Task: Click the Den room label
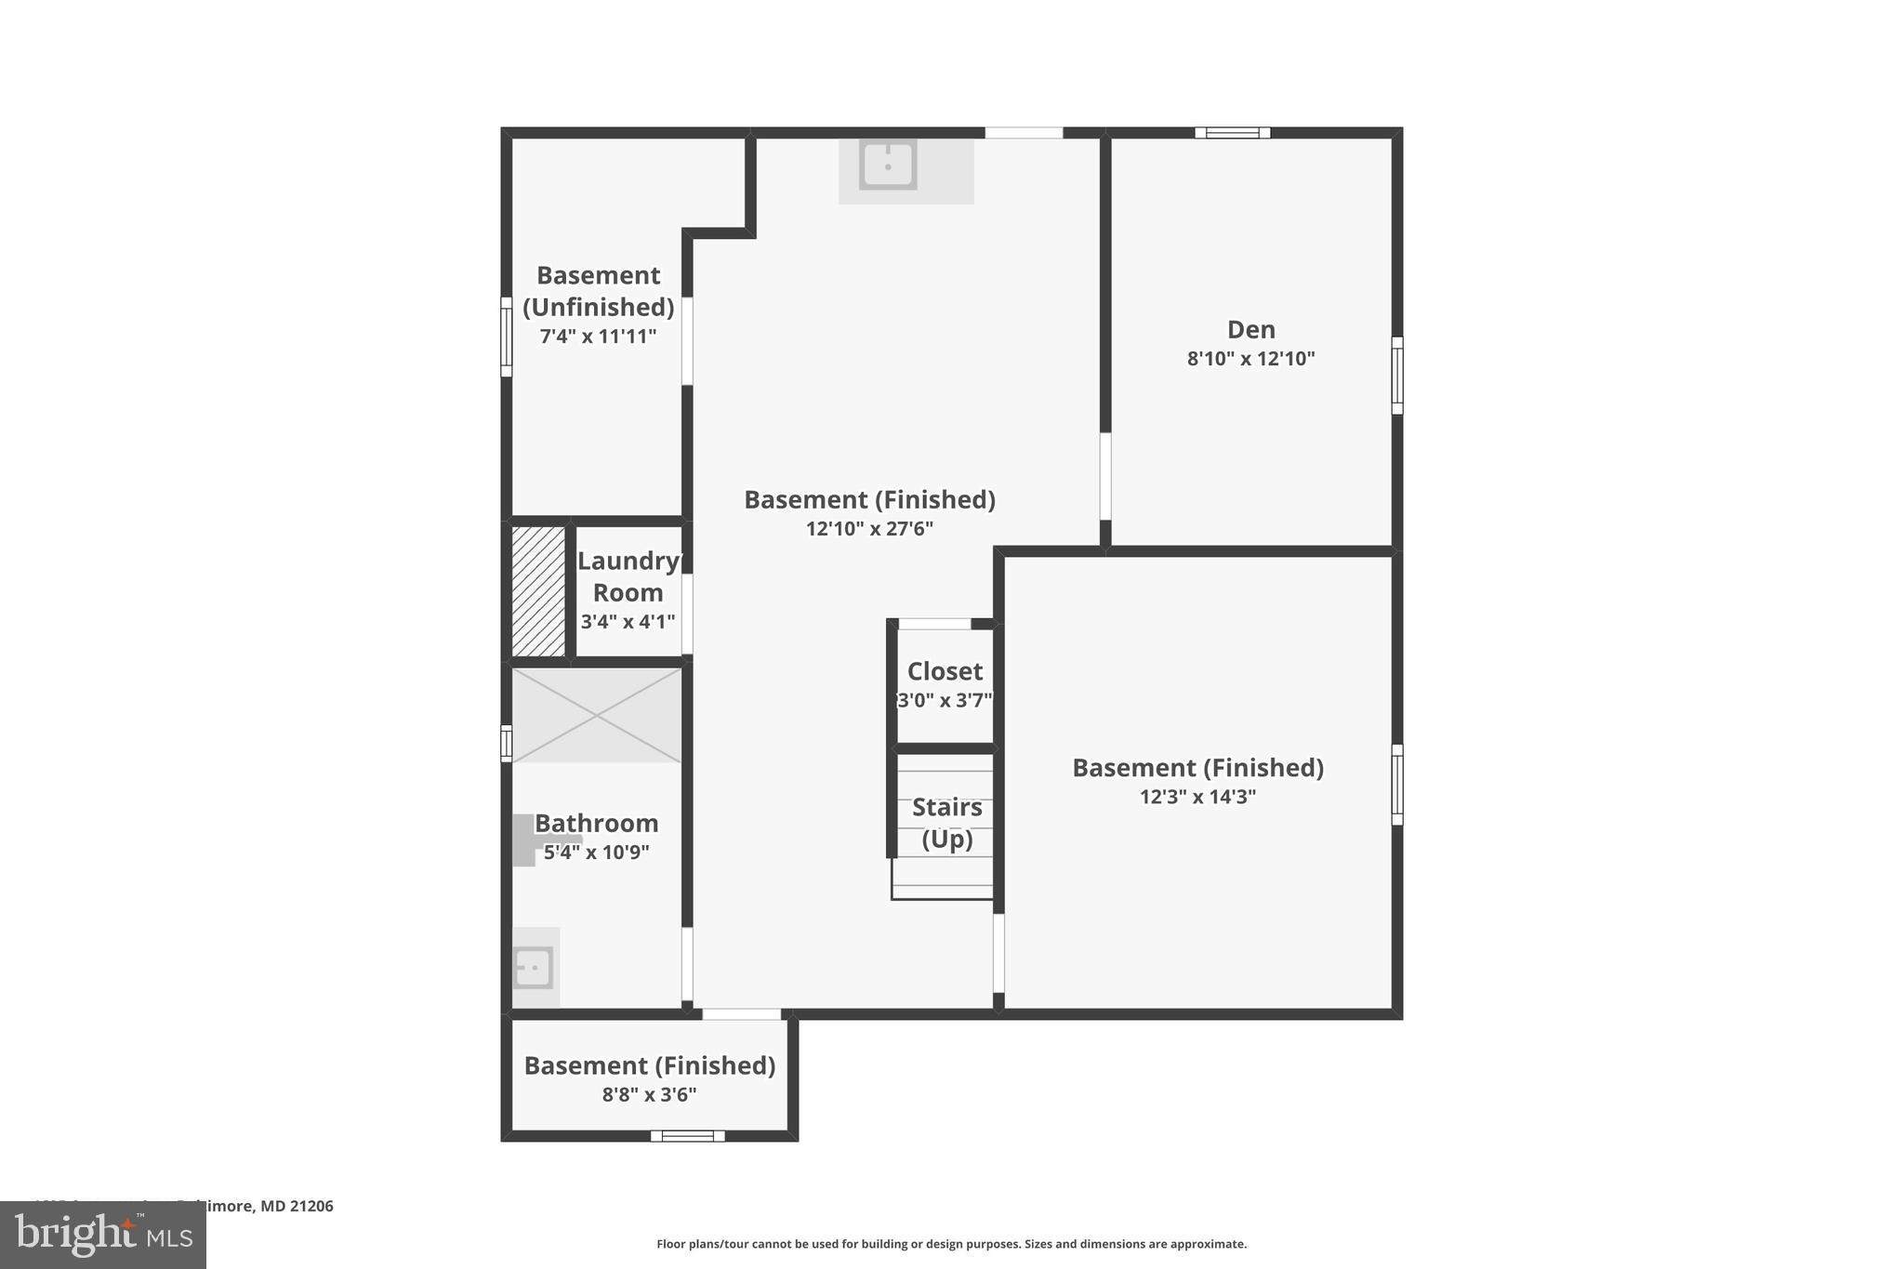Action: pyautogui.click(x=1250, y=329)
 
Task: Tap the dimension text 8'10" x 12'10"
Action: pyautogui.click(x=1250, y=359)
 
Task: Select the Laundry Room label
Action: pyautogui.click(x=628, y=576)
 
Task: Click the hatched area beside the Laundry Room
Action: pyautogui.click(x=538, y=591)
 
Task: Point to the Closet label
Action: pyautogui.click(x=945, y=671)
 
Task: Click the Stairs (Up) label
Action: pyautogui.click(x=946, y=823)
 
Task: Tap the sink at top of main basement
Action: pyautogui.click(x=888, y=165)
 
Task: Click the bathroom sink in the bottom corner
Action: pyautogui.click(x=534, y=968)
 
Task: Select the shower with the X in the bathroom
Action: pyautogui.click(x=597, y=715)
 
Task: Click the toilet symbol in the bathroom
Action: pyautogui.click(x=526, y=840)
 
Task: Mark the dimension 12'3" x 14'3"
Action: pyautogui.click(x=1197, y=797)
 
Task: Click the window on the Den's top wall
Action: pyautogui.click(x=1232, y=133)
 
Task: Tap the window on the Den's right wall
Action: pyautogui.click(x=1396, y=376)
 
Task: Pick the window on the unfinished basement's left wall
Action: pyautogui.click(x=507, y=337)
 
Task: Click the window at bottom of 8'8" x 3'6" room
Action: pyautogui.click(x=687, y=1135)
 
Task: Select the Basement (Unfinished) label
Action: pyautogui.click(x=598, y=291)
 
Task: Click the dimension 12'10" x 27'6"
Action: pyautogui.click(x=869, y=529)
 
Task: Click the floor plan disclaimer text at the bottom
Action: pyautogui.click(x=951, y=1244)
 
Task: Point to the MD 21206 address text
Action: pyautogui.click(x=296, y=1206)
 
